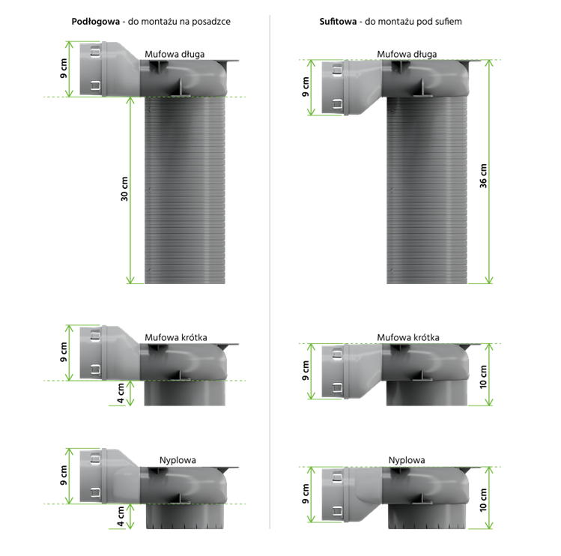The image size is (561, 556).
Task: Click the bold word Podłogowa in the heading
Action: pos(96,22)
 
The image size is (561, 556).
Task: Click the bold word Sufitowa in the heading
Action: pos(338,22)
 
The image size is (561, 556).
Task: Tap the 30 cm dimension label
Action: pos(124,189)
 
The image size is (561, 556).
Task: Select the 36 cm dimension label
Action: pos(483,176)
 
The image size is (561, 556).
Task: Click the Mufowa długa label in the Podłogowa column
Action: pos(175,54)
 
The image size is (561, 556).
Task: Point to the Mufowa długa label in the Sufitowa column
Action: pos(407,54)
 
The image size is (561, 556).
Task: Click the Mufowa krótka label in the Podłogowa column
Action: pos(176,337)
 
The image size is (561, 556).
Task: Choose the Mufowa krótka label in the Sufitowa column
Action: pos(408,337)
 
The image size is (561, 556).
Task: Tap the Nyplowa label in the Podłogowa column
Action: pos(178,460)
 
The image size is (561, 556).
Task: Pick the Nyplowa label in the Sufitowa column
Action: pos(407,460)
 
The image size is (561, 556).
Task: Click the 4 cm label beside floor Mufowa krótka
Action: pos(121,393)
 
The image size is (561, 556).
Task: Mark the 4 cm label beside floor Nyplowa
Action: pos(121,516)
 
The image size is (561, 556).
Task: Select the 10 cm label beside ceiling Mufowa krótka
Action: pos(483,377)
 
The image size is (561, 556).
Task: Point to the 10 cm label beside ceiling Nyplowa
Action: pos(483,500)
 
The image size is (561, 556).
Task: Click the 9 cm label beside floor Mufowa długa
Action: pos(64,68)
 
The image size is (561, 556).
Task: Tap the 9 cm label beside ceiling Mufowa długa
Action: pos(305,87)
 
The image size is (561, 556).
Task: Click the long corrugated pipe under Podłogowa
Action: pos(184,190)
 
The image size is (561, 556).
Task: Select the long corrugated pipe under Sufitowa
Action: pos(427,190)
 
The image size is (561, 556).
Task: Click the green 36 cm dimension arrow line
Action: pos(489,172)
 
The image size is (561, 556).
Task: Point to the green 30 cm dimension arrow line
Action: pos(130,190)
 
